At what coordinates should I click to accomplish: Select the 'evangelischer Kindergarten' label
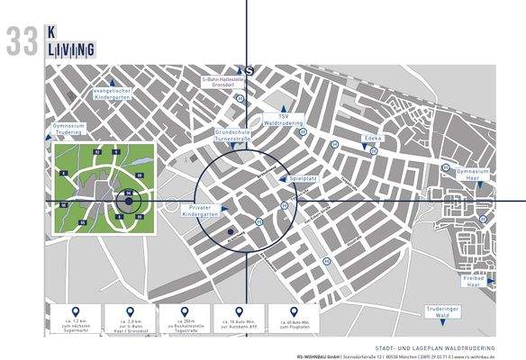113,94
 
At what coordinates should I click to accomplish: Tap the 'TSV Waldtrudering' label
281,119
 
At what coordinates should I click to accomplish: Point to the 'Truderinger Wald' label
441,314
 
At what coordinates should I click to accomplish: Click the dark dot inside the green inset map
130,202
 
